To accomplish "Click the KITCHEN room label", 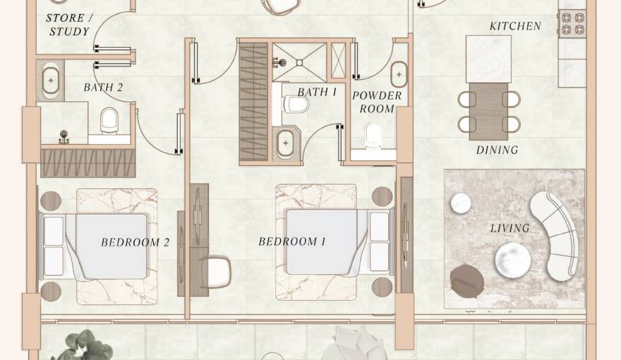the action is tap(515, 26).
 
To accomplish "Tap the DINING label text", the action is tap(497, 150).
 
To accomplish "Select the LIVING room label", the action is tap(510, 228).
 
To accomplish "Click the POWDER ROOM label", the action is tap(377, 102).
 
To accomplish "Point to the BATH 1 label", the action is tap(317, 92).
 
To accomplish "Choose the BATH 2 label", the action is tap(103, 87).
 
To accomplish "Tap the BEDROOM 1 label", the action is tap(292, 241).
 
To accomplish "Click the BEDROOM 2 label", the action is tap(135, 242).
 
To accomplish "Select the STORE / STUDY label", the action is tap(69, 25).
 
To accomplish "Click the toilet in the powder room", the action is tap(373, 136).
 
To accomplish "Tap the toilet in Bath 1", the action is tap(296, 104).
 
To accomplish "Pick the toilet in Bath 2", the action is tap(109, 121).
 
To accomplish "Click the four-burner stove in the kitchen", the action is tap(572, 24).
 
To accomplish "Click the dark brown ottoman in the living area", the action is tap(467, 281).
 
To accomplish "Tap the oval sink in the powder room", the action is tap(399, 74).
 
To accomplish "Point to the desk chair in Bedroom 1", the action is tap(216, 271).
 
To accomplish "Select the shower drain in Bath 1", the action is tap(300, 63).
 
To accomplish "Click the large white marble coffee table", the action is tap(513, 260).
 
